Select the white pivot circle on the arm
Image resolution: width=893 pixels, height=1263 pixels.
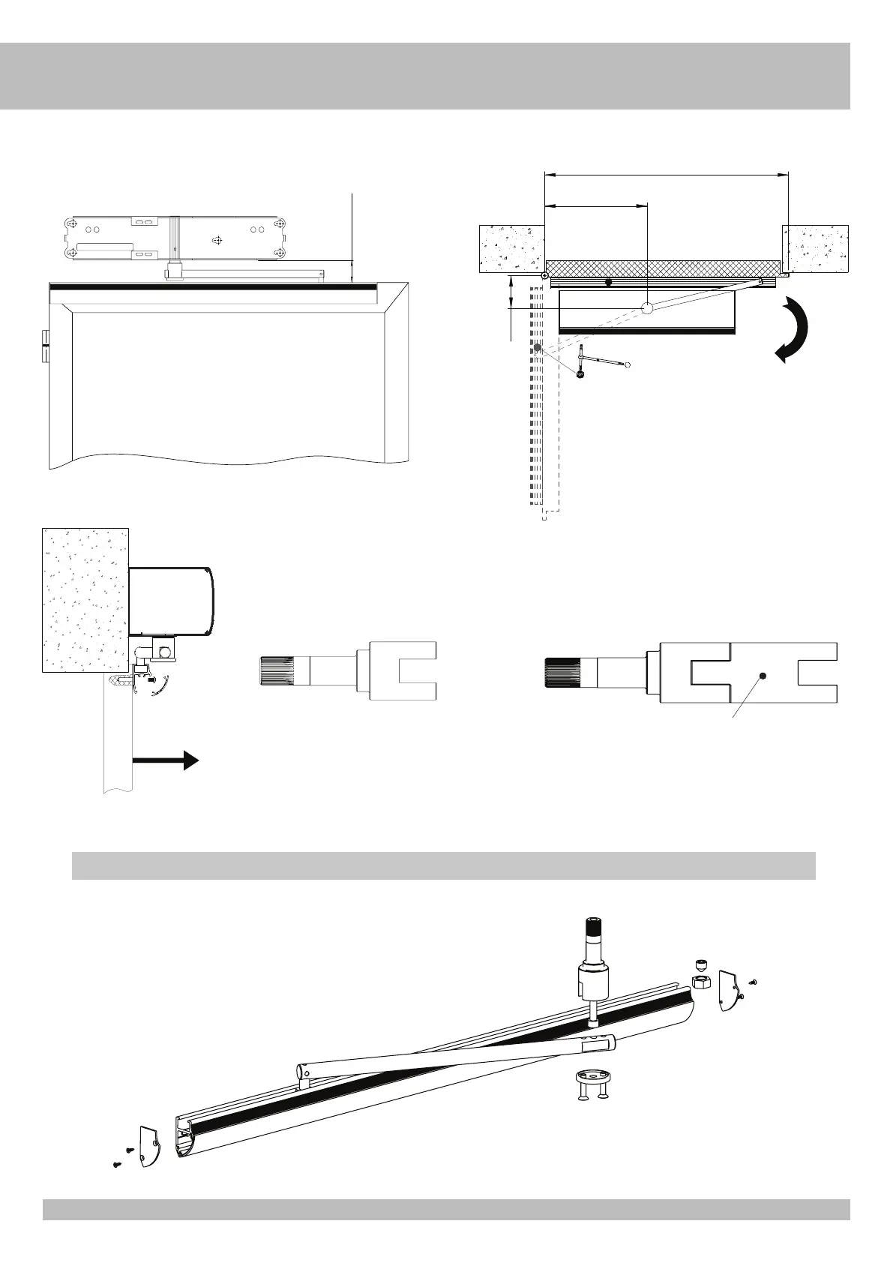click(648, 307)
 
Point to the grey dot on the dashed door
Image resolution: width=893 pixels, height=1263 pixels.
click(538, 348)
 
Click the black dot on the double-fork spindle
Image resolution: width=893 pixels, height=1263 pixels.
click(763, 676)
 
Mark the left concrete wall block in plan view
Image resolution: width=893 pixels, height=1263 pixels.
click(511, 248)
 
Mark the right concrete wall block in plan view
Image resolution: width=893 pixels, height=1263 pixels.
click(816, 248)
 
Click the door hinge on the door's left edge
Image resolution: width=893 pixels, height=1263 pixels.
click(44, 345)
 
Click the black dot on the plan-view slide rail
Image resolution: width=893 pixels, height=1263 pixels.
click(609, 283)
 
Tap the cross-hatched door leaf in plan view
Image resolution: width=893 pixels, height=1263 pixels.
click(660, 268)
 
